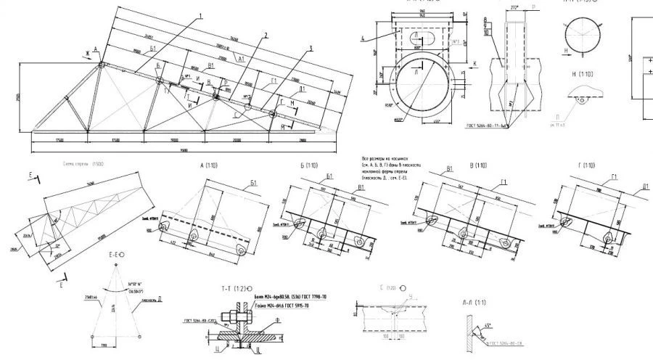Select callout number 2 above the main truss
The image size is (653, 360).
coord(266,34)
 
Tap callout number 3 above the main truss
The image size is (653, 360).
coord(310,49)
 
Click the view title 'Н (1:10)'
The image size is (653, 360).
coord(583,74)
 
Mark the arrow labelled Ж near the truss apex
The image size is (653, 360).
coord(86,53)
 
